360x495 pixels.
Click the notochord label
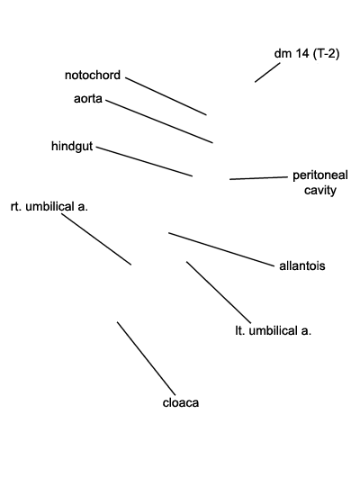click(x=93, y=75)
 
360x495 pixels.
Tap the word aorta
click(x=88, y=98)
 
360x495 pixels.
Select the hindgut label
click(x=72, y=147)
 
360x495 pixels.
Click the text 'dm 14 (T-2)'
click(x=307, y=54)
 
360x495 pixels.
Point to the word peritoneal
click(x=320, y=175)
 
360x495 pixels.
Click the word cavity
click(x=320, y=191)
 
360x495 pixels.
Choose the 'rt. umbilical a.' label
click(x=49, y=206)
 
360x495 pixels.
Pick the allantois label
click(x=302, y=265)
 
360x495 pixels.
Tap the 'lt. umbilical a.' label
click(x=274, y=330)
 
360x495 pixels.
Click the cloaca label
click(x=181, y=402)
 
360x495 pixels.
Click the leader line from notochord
click(x=166, y=96)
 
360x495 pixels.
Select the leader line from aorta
click(x=159, y=121)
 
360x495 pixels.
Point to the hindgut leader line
click(x=144, y=161)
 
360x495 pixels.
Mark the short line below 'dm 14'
click(x=267, y=73)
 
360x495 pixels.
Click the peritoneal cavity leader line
click(x=258, y=178)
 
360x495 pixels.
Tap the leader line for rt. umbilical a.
click(x=96, y=239)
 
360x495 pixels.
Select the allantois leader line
click(x=221, y=249)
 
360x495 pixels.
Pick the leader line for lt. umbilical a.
click(x=219, y=292)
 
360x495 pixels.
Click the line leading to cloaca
click(x=146, y=358)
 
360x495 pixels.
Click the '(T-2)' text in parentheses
click(x=326, y=54)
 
